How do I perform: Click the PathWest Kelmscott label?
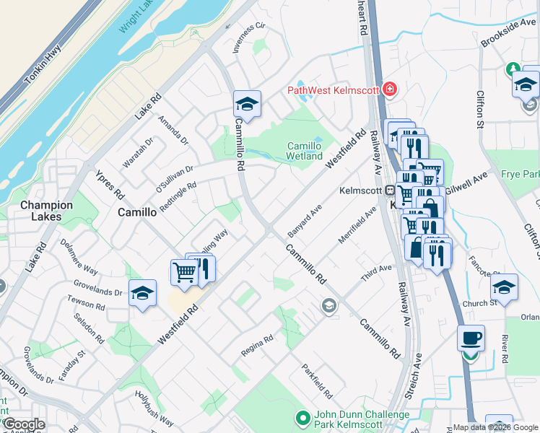click(334, 89)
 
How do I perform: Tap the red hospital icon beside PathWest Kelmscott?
click(391, 89)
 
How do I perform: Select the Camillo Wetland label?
click(305, 150)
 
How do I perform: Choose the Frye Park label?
click(521, 175)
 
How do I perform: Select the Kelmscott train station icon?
click(388, 191)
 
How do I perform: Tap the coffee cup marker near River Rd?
click(471, 338)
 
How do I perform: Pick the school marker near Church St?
click(504, 287)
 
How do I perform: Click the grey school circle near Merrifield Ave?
click(329, 307)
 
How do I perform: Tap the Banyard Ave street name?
click(304, 214)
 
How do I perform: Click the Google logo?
click(24, 424)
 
